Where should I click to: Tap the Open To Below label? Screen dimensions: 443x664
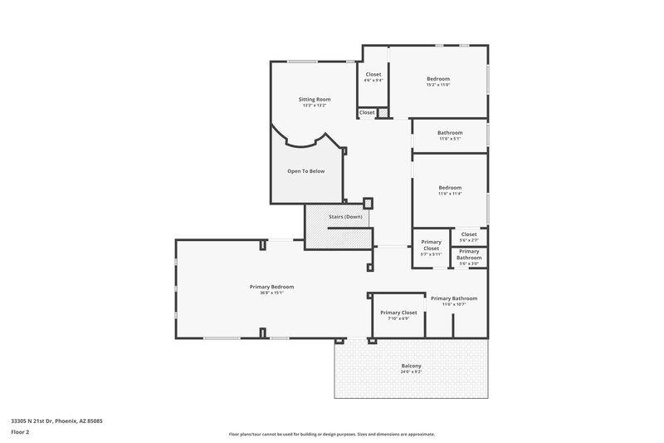tap(305, 170)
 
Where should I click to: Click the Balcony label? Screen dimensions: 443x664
tap(411, 366)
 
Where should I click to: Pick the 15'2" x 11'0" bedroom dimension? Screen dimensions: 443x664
tap(437, 85)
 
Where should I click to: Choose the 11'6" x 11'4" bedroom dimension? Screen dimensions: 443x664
tap(450, 193)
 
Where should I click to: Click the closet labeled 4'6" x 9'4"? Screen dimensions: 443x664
tap(373, 76)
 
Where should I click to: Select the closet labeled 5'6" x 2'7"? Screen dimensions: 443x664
tap(469, 237)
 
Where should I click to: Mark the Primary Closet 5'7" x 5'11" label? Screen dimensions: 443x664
tap(431, 248)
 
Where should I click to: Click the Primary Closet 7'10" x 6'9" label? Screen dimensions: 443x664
tap(398, 315)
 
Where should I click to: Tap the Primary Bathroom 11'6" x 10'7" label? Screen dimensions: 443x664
tap(453, 301)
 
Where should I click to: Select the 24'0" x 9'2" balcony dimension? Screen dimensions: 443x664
tap(411, 372)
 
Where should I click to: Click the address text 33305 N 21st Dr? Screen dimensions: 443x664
tap(56, 421)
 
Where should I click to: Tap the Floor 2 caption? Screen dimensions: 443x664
tap(21, 432)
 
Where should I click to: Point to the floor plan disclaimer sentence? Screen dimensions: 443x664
tap(331, 434)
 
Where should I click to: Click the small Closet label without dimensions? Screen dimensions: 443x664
tap(366, 112)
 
